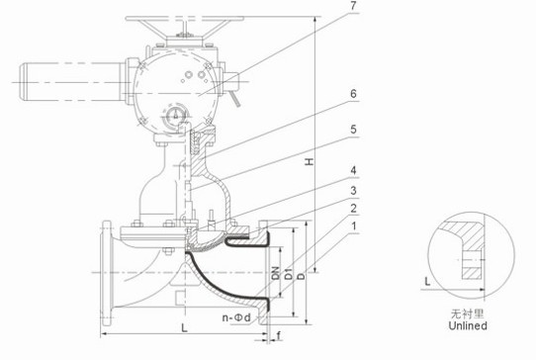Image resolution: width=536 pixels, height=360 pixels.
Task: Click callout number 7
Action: point(353,6)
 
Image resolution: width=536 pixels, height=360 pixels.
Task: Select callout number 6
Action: point(353,94)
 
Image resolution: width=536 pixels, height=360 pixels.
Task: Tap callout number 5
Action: point(353,130)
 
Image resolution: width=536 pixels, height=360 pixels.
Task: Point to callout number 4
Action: point(353,170)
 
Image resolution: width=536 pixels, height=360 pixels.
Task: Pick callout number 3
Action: point(353,191)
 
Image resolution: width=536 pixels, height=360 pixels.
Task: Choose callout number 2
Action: point(353,209)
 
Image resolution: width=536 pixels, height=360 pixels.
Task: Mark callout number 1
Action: point(354,225)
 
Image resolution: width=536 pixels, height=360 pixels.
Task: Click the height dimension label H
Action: point(310,161)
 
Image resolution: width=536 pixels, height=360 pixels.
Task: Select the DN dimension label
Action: point(276,273)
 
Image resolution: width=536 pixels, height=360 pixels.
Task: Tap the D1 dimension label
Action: point(289,274)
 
